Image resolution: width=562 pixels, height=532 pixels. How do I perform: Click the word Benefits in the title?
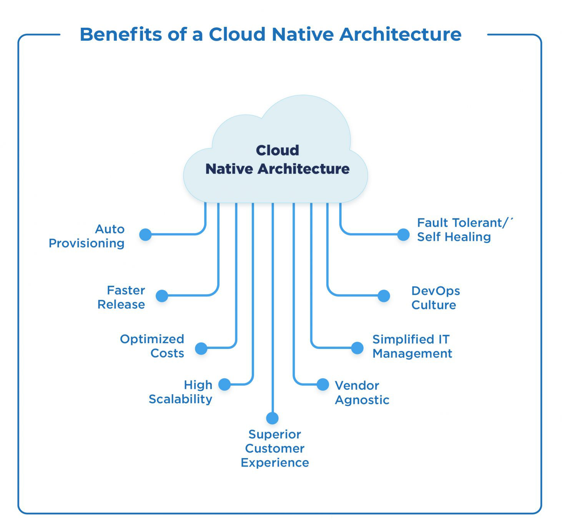[121, 34]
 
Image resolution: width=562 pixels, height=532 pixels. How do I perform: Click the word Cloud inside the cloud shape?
[277, 150]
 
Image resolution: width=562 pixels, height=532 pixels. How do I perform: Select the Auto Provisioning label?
[86, 236]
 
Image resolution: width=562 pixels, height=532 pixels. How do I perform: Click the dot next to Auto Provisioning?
[146, 235]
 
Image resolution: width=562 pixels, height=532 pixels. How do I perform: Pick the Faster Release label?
[121, 297]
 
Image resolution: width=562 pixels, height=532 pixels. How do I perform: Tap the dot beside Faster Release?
[162, 296]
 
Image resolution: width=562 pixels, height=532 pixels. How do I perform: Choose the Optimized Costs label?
[152, 346]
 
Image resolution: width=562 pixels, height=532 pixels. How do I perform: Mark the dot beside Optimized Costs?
[201, 349]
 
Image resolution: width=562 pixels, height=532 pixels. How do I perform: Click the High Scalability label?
[181, 392]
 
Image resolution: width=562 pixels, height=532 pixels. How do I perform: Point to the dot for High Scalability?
[225, 385]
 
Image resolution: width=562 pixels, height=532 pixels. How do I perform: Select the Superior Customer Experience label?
[275, 449]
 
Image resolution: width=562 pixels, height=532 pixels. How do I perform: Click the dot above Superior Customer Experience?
[273, 419]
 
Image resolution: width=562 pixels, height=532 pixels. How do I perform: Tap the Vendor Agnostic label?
[362, 393]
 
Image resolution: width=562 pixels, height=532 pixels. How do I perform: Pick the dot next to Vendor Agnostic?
[323, 384]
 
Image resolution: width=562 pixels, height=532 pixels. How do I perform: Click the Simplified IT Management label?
[412, 346]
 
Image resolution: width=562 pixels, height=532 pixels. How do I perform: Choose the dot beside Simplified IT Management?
[357, 348]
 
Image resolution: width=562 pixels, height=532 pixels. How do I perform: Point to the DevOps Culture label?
[436, 298]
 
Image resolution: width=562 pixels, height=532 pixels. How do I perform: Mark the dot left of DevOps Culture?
[384, 296]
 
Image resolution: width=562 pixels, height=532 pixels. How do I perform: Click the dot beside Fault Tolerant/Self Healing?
[404, 235]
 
